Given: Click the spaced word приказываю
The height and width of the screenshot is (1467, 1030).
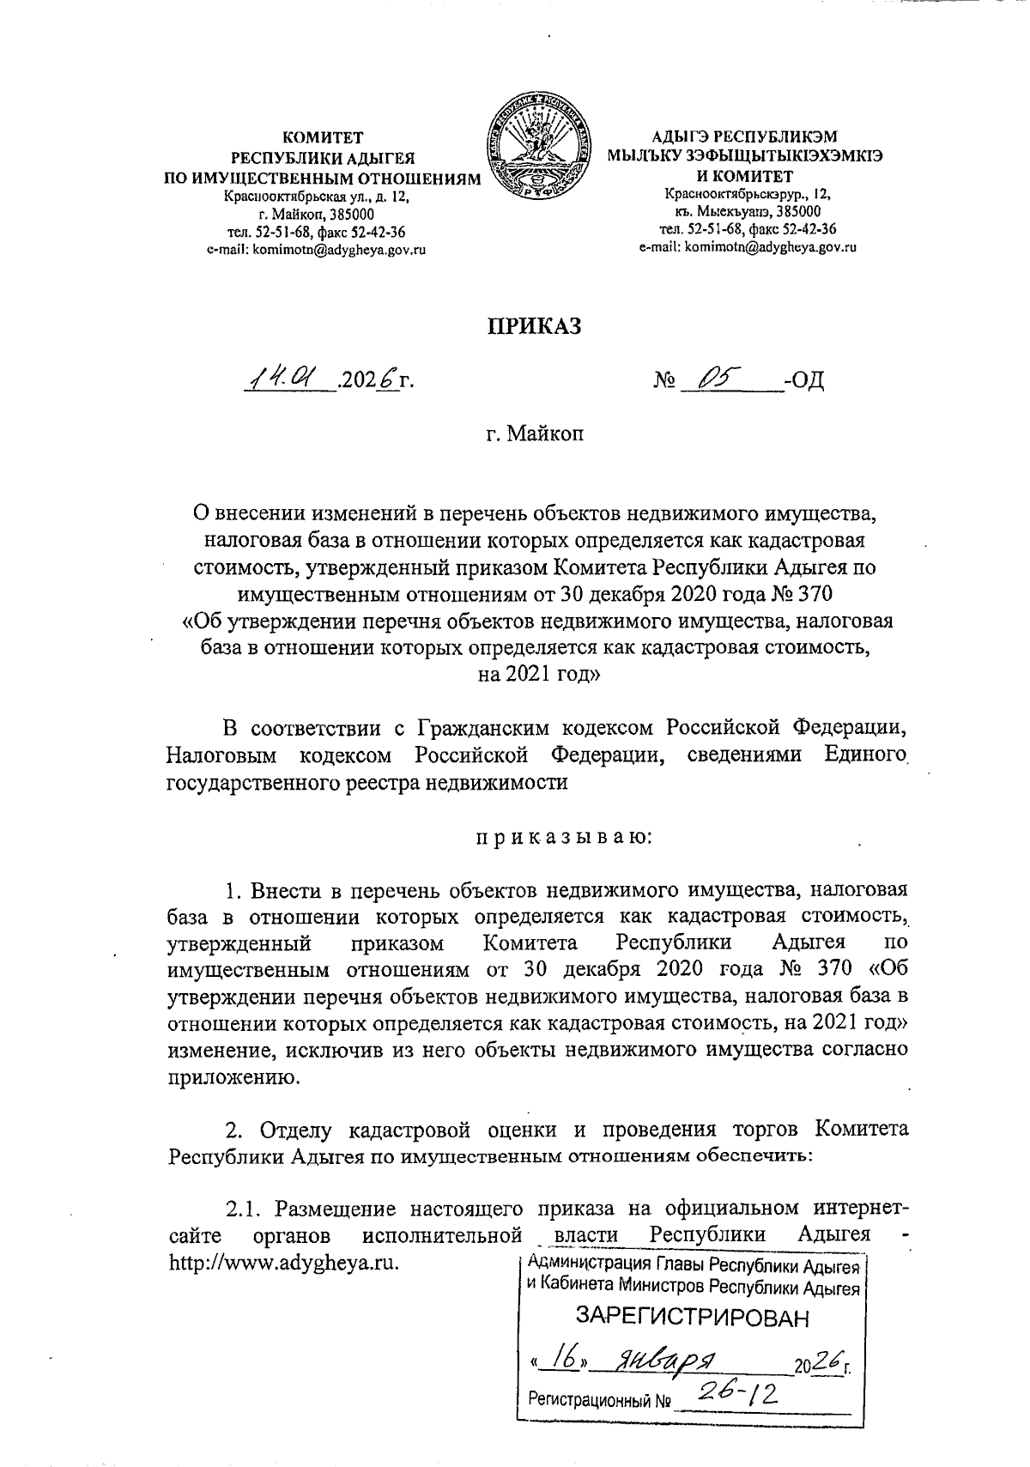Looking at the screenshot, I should [564, 834].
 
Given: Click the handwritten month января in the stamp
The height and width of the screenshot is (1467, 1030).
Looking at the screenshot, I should [669, 1359].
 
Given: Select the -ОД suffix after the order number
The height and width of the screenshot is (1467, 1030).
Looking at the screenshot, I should [804, 379].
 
